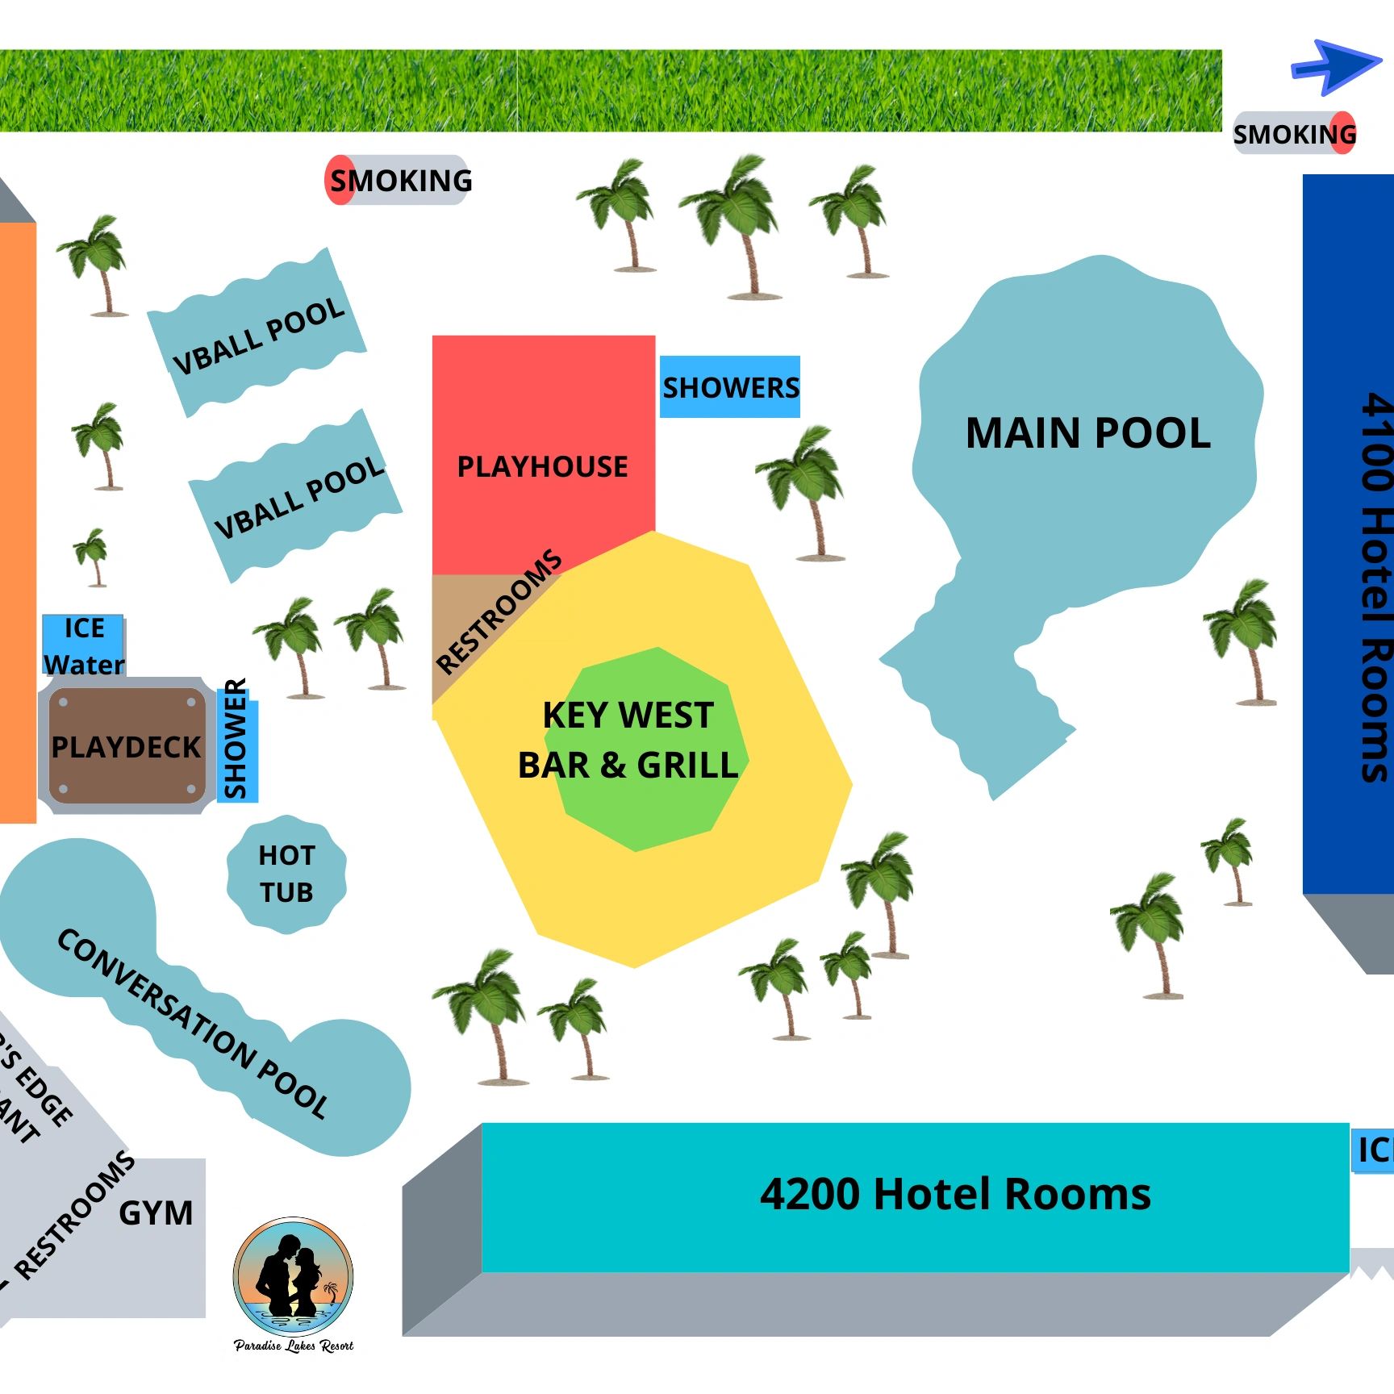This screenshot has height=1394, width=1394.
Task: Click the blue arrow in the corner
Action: pos(1335,66)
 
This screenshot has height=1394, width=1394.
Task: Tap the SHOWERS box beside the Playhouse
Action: pos(730,387)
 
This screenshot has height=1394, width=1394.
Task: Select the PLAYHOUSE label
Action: pos(542,466)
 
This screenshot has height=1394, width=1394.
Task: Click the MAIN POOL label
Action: pos(1087,433)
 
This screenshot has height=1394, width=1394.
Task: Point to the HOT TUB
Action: pos(286,874)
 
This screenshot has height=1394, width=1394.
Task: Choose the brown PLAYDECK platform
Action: pos(126,747)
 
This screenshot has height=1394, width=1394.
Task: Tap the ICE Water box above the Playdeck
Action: pos(83,646)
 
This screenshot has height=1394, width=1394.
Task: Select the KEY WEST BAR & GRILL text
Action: pos(628,740)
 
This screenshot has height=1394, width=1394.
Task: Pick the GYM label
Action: pos(156,1213)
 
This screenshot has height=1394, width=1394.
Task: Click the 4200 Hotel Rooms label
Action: pos(955,1194)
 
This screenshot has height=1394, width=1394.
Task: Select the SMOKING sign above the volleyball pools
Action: pos(399,180)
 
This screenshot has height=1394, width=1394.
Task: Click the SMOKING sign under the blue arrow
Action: pos(1294,134)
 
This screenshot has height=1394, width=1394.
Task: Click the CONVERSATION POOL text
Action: pos(194,1023)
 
